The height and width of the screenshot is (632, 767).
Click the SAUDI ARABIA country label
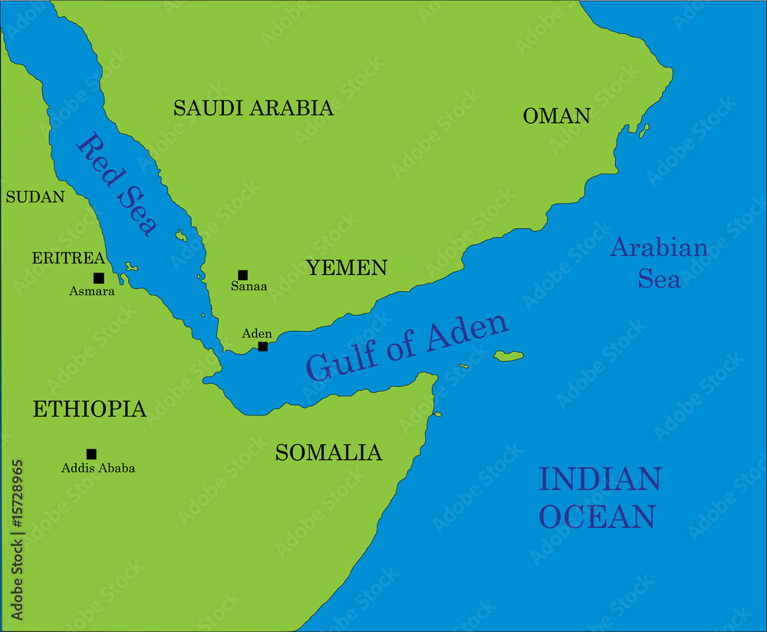click(x=253, y=108)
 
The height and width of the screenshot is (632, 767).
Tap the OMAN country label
click(x=556, y=116)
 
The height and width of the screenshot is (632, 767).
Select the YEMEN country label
click(x=346, y=268)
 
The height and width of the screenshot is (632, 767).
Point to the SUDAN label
click(x=35, y=197)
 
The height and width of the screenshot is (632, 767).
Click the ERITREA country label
click(x=68, y=258)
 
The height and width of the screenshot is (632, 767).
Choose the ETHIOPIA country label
click(x=89, y=409)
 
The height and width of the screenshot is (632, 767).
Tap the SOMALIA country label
click(x=328, y=453)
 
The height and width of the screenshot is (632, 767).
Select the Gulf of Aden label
click(x=407, y=346)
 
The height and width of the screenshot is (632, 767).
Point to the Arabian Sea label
click(x=659, y=263)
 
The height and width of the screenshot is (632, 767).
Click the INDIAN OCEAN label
click(x=599, y=498)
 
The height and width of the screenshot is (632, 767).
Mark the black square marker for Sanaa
click(x=243, y=275)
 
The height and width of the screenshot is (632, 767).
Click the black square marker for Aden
click(x=263, y=346)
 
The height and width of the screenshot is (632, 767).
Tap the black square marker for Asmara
click(x=98, y=278)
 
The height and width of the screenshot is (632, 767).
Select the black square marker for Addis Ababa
click(x=91, y=454)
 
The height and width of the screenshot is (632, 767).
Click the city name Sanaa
click(x=249, y=287)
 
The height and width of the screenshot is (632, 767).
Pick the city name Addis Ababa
click(x=98, y=468)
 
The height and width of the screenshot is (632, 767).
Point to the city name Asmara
click(x=92, y=292)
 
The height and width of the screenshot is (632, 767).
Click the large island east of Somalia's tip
click(x=509, y=356)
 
